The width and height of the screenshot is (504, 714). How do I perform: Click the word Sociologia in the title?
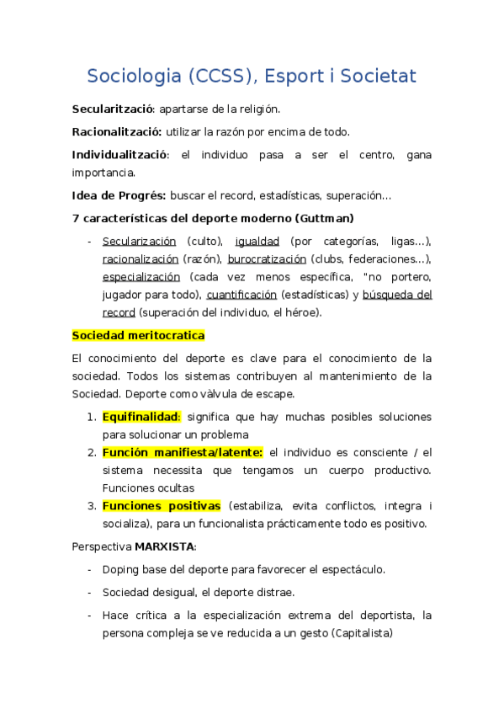coord(134,77)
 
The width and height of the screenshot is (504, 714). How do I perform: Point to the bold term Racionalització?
coord(116,132)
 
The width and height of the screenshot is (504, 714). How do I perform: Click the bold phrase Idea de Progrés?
coord(119,196)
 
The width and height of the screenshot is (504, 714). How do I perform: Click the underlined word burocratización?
coord(266,259)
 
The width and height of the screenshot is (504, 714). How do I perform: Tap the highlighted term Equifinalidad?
coord(141,417)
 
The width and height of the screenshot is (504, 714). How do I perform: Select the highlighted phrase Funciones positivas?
coord(162,506)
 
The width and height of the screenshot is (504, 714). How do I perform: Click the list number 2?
coord(92,453)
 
